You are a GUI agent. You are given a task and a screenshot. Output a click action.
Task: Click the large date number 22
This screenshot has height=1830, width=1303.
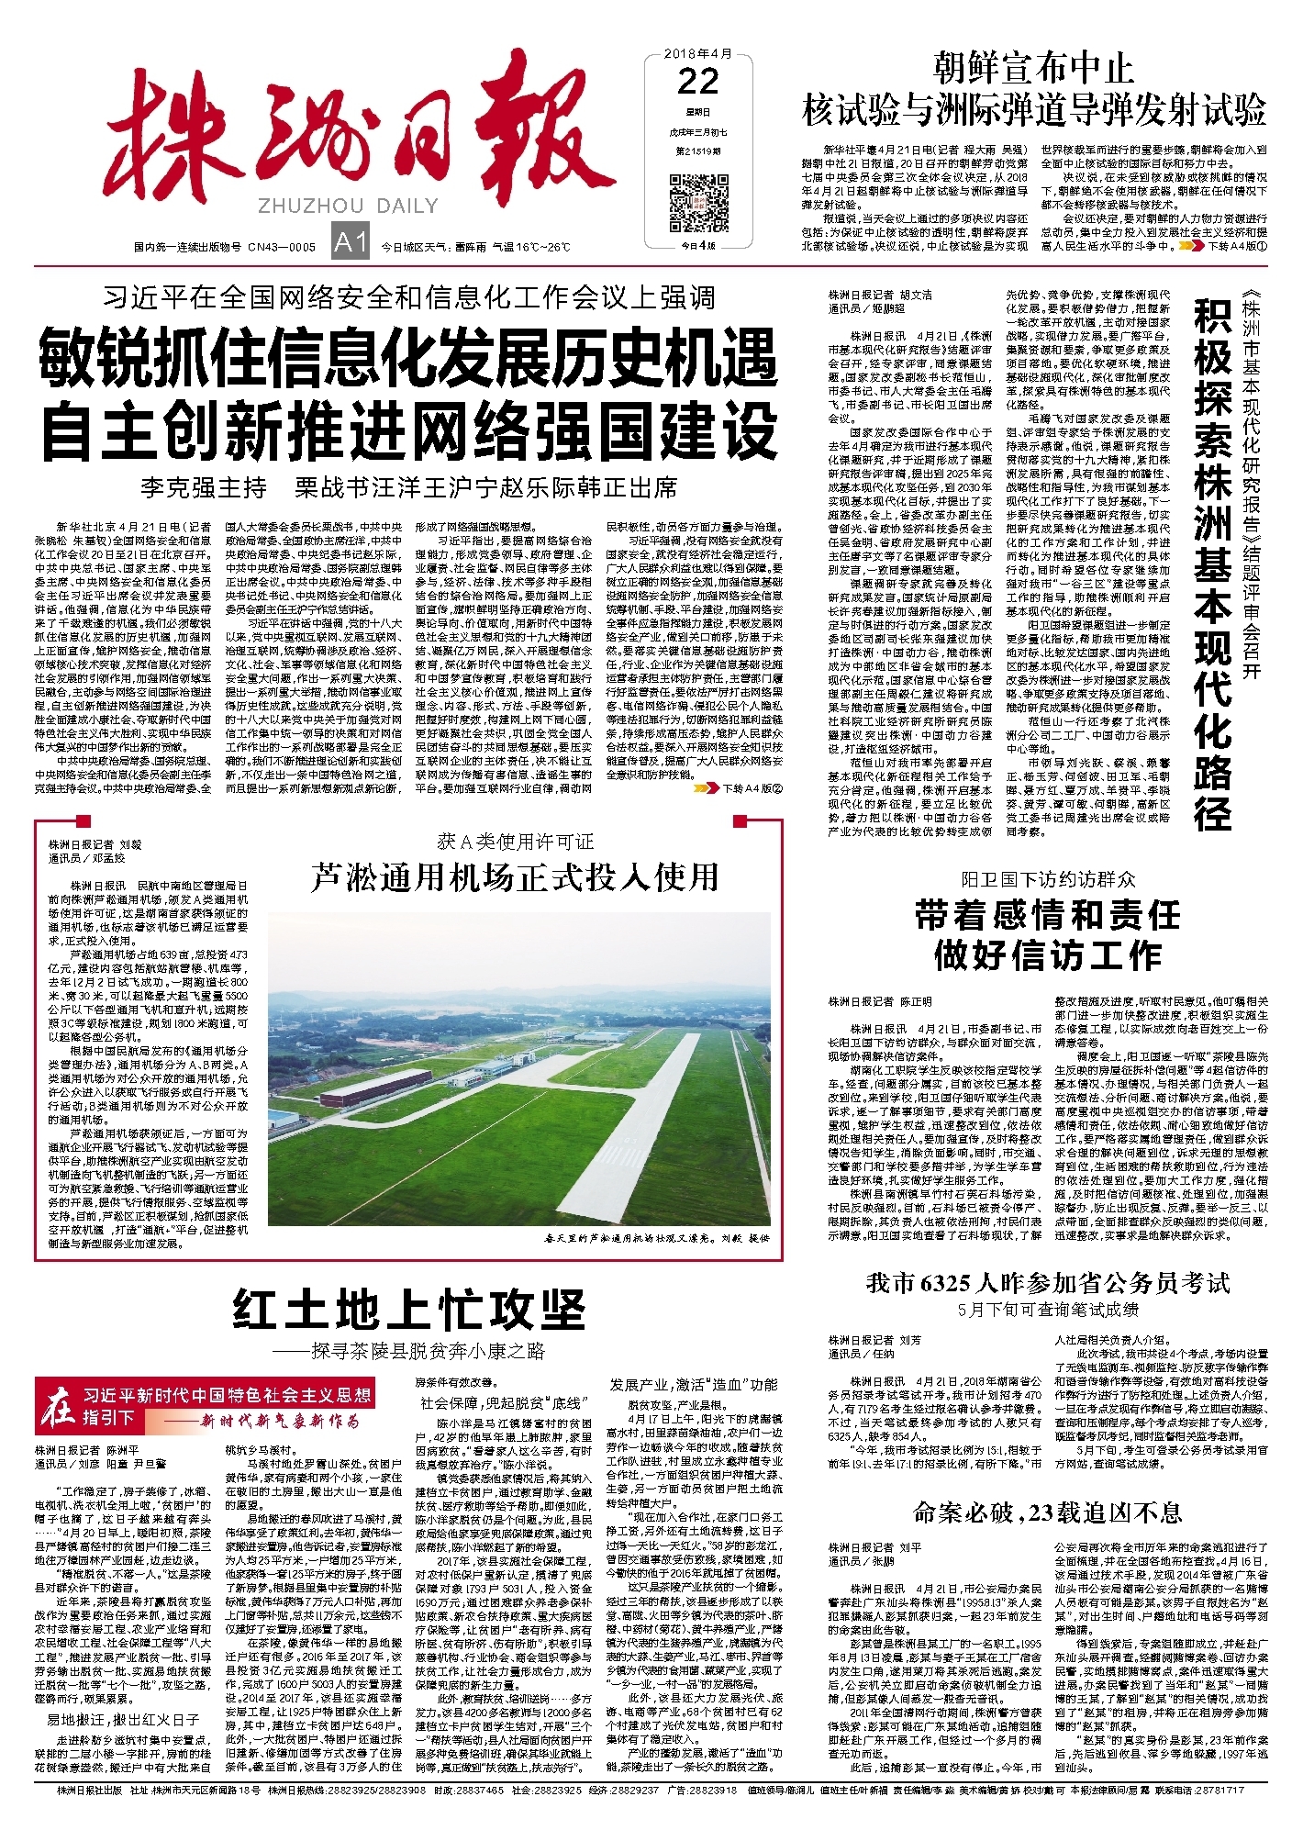697,82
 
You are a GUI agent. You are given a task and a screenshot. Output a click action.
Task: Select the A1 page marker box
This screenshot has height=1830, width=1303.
350,243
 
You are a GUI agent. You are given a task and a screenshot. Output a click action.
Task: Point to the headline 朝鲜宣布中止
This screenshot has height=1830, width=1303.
1033,68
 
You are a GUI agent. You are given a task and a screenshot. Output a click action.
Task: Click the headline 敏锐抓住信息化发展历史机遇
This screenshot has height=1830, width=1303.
408,360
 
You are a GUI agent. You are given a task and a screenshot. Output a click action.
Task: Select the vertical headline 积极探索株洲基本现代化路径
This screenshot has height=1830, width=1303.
1213,564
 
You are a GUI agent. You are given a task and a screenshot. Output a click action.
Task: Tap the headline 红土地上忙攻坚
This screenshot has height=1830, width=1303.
408,1309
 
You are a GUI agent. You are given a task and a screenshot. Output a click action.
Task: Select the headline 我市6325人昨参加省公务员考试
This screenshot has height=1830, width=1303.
1047,1283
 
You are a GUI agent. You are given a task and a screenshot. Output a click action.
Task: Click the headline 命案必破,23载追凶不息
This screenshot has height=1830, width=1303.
1047,1512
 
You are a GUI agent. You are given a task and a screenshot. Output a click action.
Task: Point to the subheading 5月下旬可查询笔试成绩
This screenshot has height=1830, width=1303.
1047,1309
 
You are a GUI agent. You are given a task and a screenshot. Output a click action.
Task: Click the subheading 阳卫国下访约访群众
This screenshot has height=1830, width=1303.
1047,879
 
